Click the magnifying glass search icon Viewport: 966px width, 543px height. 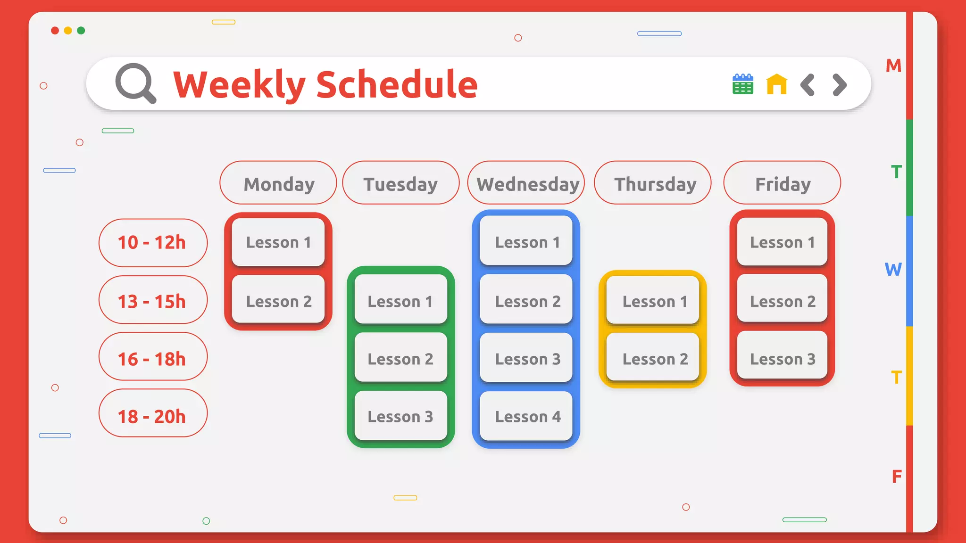135,83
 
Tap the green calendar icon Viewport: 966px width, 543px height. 742,84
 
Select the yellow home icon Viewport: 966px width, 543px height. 776,84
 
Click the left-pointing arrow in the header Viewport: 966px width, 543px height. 808,85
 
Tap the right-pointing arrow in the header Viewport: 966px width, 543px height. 839,85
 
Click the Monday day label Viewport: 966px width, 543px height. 278,183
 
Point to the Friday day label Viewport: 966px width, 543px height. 782,183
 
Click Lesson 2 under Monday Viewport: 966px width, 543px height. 278,301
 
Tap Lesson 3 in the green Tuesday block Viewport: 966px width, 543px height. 400,416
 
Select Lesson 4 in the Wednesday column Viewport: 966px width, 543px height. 526,416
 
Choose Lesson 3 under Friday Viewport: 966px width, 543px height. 782,358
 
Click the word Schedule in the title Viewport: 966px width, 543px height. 397,85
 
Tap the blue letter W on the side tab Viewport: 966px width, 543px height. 893,270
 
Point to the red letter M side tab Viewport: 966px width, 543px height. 893,66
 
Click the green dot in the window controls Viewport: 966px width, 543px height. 81,31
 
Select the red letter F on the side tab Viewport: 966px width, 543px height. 896,477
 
